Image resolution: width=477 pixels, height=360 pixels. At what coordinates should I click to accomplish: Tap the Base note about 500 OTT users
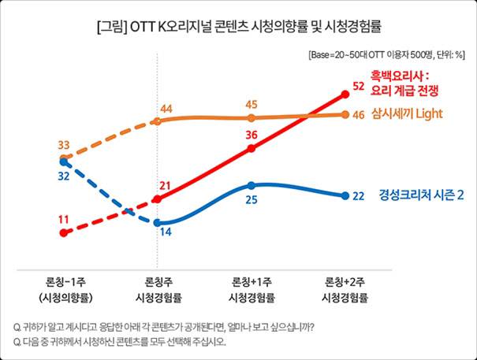[x=386, y=55]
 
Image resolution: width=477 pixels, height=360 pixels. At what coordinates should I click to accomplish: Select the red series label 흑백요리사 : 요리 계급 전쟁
[x=400, y=83]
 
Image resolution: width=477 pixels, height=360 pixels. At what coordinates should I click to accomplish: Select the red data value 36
[x=251, y=135]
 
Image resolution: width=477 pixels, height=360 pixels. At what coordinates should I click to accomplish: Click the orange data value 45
[x=251, y=105]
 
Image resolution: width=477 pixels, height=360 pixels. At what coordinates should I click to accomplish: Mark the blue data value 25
[x=251, y=200]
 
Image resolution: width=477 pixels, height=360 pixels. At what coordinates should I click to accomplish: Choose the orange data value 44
[x=166, y=108]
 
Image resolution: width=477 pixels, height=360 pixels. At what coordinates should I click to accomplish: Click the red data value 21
[x=166, y=186]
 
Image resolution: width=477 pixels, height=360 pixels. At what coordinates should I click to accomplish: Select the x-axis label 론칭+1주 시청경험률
[x=252, y=290]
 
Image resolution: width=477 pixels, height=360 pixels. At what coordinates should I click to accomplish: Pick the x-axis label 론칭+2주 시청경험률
[x=345, y=290]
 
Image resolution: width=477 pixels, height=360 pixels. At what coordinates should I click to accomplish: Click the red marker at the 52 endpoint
[x=345, y=95]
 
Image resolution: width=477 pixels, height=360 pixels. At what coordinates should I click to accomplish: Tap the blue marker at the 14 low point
[x=158, y=222]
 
